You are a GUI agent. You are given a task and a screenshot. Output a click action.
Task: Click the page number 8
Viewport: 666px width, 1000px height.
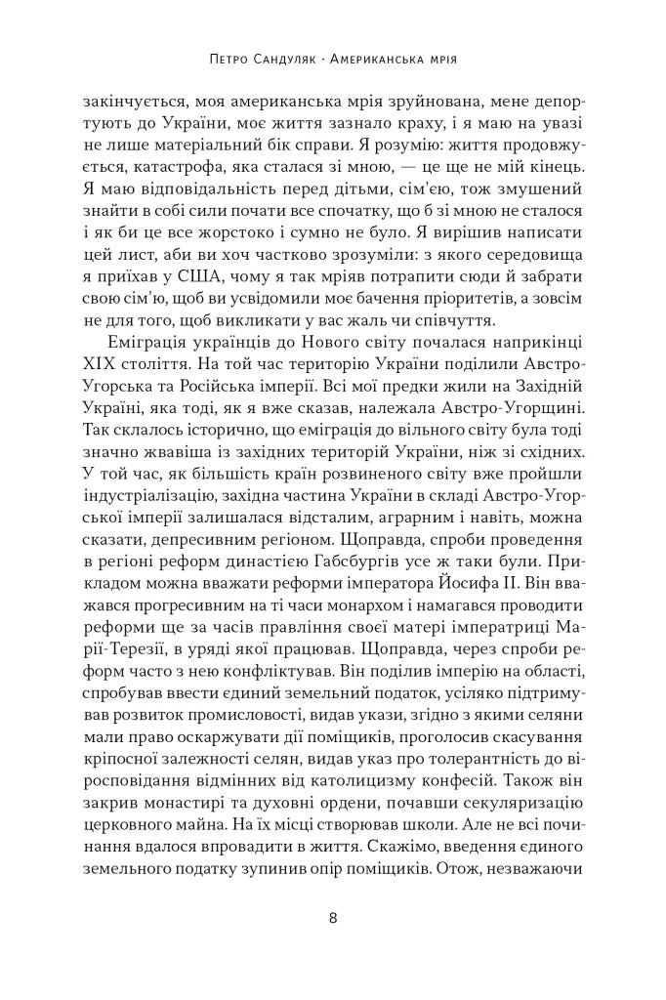tap(333, 918)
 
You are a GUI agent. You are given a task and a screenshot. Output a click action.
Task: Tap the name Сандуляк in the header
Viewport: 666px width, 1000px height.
tap(291, 59)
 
